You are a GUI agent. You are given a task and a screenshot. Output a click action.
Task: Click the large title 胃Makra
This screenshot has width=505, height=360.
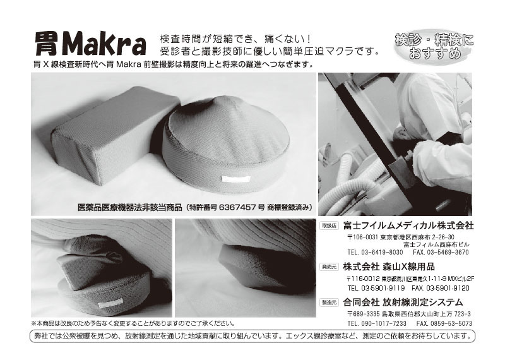pyautogui.click(x=90, y=44)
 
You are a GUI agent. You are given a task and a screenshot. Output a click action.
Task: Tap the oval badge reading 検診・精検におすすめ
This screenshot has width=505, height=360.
pyautogui.click(x=434, y=46)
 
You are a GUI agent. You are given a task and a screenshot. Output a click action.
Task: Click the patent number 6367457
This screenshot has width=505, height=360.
pyautogui.click(x=237, y=207)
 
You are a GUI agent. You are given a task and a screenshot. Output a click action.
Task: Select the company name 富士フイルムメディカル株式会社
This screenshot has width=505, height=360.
pyautogui.click(x=408, y=225)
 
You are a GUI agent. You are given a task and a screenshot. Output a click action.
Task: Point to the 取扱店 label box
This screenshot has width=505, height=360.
pyautogui.click(x=329, y=226)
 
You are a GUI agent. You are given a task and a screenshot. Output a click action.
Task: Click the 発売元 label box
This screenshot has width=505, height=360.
pyautogui.click(x=329, y=267)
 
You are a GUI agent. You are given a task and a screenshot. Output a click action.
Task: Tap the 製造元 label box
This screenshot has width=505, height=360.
pyautogui.click(x=329, y=303)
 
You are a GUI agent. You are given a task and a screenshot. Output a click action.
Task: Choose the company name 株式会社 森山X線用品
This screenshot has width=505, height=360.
pyautogui.click(x=389, y=267)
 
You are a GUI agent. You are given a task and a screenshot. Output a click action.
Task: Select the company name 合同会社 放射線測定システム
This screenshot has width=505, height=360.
pyautogui.click(x=403, y=302)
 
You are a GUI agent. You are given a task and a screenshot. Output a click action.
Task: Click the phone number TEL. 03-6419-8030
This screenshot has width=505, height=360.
pyautogui.click(x=375, y=252)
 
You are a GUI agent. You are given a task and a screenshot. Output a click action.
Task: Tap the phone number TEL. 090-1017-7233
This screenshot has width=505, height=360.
pyautogui.click(x=377, y=323)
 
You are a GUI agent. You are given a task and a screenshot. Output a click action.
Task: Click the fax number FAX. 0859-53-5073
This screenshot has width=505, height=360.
pyautogui.click(x=444, y=323)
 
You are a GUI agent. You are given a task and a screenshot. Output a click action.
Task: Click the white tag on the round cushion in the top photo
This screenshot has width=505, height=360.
pyautogui.click(x=235, y=179)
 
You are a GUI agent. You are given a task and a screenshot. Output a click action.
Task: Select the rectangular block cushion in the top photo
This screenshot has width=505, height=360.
pyautogui.click(x=115, y=134)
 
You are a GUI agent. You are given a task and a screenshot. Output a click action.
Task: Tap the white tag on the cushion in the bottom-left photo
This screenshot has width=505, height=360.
pyautogui.click(x=110, y=303)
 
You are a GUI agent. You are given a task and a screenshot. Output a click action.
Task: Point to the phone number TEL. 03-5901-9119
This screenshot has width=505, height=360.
pyautogui.click(x=376, y=288)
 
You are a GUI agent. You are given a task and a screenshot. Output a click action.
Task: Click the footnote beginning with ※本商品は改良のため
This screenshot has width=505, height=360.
pyautogui.click(x=133, y=323)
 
